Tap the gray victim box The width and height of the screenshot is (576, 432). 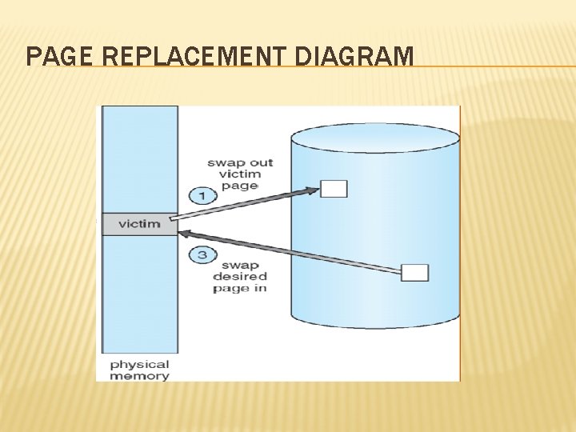tap(138, 224)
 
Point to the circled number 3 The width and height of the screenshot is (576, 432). tap(202, 255)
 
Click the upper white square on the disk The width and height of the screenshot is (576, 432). tap(334, 189)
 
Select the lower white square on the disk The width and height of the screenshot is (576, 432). tap(414, 273)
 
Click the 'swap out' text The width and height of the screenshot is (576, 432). tap(240, 162)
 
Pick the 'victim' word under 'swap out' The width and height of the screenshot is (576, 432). tap(240, 174)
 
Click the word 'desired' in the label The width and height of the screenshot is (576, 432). tap(240, 277)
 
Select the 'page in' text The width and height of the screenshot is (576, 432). tap(240, 288)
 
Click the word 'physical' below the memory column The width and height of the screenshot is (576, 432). tap(139, 364)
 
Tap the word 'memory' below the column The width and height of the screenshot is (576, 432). tap(139, 375)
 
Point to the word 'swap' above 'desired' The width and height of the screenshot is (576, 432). tap(240, 266)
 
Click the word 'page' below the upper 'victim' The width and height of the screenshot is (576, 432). tap(240, 186)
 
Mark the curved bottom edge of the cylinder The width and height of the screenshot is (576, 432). tap(375, 326)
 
